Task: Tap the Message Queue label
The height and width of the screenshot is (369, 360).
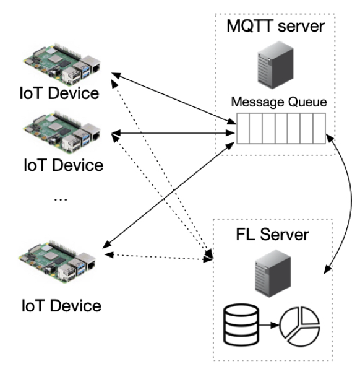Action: pyautogui.click(x=279, y=102)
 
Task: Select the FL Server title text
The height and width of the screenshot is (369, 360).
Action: pyautogui.click(x=272, y=235)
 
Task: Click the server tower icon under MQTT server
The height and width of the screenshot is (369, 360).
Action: pyautogui.click(x=276, y=65)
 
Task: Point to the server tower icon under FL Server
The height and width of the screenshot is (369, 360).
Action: pyautogui.click(x=273, y=274)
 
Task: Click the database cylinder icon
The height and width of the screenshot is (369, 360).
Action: pyautogui.click(x=241, y=325)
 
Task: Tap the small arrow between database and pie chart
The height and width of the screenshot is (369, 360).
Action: pyautogui.click(x=269, y=325)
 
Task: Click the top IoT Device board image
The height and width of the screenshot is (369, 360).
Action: pyautogui.click(x=62, y=64)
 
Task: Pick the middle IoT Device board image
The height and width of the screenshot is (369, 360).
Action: pyautogui.click(x=62, y=132)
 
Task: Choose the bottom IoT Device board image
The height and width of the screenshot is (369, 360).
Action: pyautogui.click(x=57, y=262)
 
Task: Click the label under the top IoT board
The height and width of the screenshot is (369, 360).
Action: pyautogui.click(x=59, y=93)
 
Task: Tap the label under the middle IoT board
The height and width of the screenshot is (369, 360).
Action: pyautogui.click(x=64, y=165)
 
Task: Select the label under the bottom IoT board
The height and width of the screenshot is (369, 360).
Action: pyautogui.click(x=61, y=305)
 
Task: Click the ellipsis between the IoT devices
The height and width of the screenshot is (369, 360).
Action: pyautogui.click(x=61, y=199)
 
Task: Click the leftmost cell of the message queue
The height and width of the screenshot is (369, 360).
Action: pyautogui.click(x=243, y=128)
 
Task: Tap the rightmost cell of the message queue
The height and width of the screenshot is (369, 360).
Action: pyautogui.click(x=319, y=128)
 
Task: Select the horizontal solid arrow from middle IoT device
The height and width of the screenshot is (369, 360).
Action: pyautogui.click(x=173, y=133)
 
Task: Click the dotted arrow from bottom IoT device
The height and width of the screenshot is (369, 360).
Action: pyautogui.click(x=158, y=257)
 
